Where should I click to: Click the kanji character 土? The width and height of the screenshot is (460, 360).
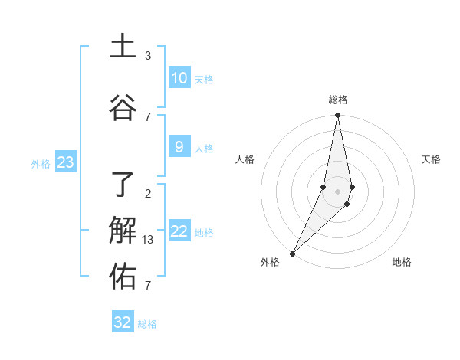click(x=123, y=46)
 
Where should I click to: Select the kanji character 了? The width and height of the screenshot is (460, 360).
click(x=123, y=184)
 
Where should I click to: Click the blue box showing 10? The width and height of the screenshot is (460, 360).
click(x=179, y=78)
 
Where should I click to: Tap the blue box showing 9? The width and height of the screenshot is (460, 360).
click(x=179, y=147)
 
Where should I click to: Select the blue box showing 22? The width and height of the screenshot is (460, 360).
click(x=179, y=231)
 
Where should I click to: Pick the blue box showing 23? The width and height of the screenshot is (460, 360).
click(x=65, y=162)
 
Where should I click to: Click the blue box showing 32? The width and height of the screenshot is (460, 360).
click(x=123, y=322)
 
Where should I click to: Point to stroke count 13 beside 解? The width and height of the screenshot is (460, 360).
click(x=148, y=240)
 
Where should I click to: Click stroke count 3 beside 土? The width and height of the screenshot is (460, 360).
click(x=148, y=56)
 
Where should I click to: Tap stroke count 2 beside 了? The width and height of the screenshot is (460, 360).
click(x=148, y=193)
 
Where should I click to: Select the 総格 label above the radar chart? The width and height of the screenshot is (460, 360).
click(x=338, y=100)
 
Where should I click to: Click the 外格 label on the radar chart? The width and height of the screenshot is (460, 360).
click(x=270, y=262)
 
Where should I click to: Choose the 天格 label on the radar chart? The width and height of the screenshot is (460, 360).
click(x=432, y=159)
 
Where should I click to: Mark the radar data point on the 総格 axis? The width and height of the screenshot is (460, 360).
click(x=337, y=116)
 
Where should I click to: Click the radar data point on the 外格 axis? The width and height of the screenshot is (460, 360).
click(x=293, y=253)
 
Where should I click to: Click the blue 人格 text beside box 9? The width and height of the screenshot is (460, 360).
click(x=204, y=148)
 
